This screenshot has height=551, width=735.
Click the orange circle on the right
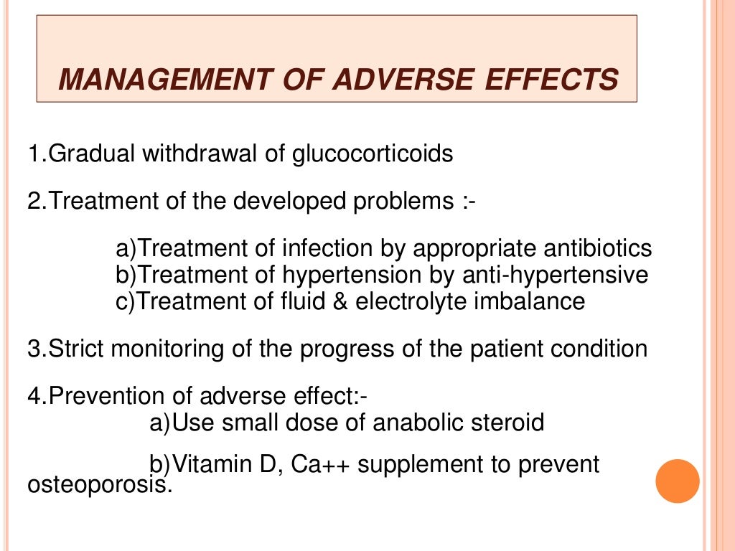tap(678, 481)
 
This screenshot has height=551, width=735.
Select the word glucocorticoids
tap(373, 154)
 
